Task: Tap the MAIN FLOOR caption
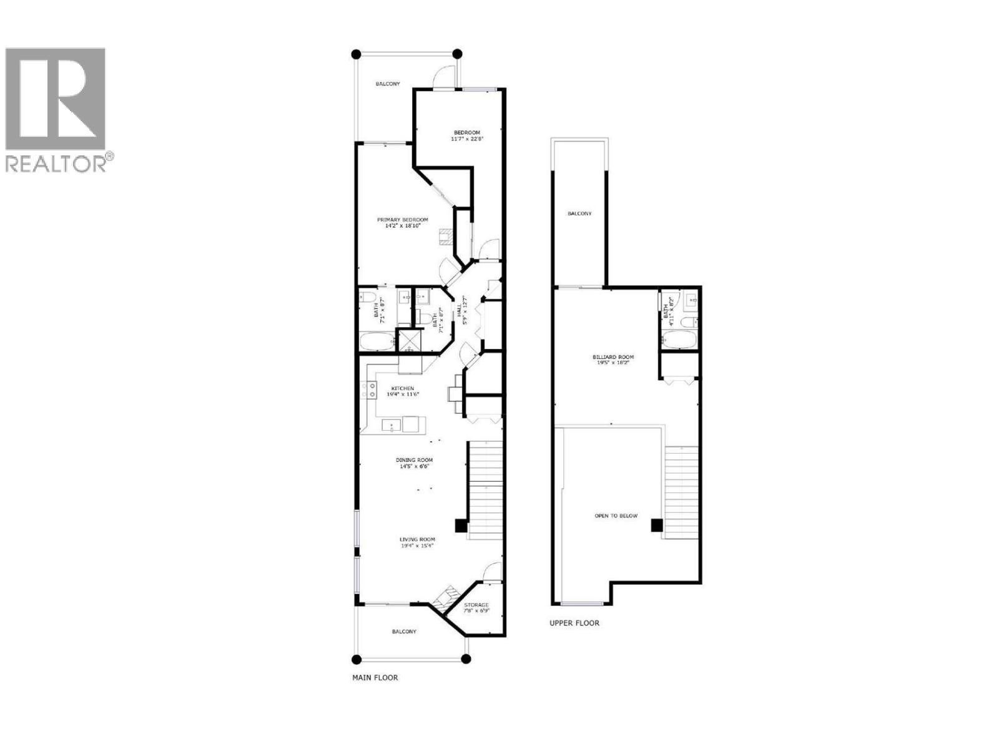[375, 677]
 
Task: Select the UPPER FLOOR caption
[574, 622]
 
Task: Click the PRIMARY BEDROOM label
[402, 220]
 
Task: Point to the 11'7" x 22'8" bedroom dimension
[466, 139]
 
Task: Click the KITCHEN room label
[403, 388]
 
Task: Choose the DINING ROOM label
[415, 460]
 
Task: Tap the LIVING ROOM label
[417, 539]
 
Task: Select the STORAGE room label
[476, 605]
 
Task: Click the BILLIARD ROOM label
[613, 357]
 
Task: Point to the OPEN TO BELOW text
[616, 516]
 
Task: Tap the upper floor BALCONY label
[579, 213]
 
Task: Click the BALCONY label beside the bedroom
[387, 84]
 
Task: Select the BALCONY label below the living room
[404, 632]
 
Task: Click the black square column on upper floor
[656, 526]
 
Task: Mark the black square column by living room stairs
[460, 526]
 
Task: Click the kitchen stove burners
[368, 391]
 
